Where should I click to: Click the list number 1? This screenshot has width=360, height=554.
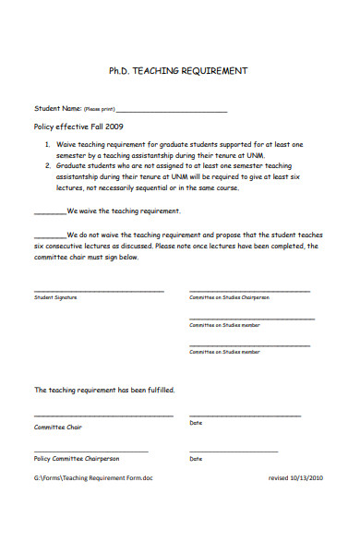(x=47, y=145)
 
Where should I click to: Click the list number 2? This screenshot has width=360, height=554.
(x=47, y=166)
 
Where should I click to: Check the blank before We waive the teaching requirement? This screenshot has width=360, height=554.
(x=49, y=212)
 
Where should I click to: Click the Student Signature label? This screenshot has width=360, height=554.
(x=55, y=298)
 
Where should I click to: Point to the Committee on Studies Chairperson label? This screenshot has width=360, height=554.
(x=229, y=298)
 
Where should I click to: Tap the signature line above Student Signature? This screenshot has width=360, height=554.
(x=99, y=291)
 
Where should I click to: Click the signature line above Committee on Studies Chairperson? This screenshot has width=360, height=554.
(x=249, y=291)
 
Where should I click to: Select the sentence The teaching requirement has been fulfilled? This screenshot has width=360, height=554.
(x=104, y=391)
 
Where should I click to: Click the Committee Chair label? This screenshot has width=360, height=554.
(x=58, y=428)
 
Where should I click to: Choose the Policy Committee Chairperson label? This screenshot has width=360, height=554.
(x=77, y=459)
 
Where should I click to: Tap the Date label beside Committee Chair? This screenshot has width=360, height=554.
(x=196, y=423)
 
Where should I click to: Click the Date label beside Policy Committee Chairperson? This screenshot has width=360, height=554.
(x=196, y=459)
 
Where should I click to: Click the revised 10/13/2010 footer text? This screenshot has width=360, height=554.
(x=295, y=477)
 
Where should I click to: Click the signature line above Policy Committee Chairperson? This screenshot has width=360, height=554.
(x=90, y=452)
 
